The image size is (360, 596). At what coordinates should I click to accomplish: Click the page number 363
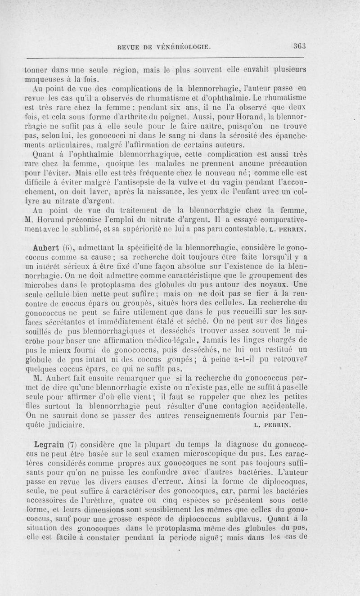click(x=299, y=45)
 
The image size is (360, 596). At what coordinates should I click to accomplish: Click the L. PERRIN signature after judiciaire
click(x=273, y=425)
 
